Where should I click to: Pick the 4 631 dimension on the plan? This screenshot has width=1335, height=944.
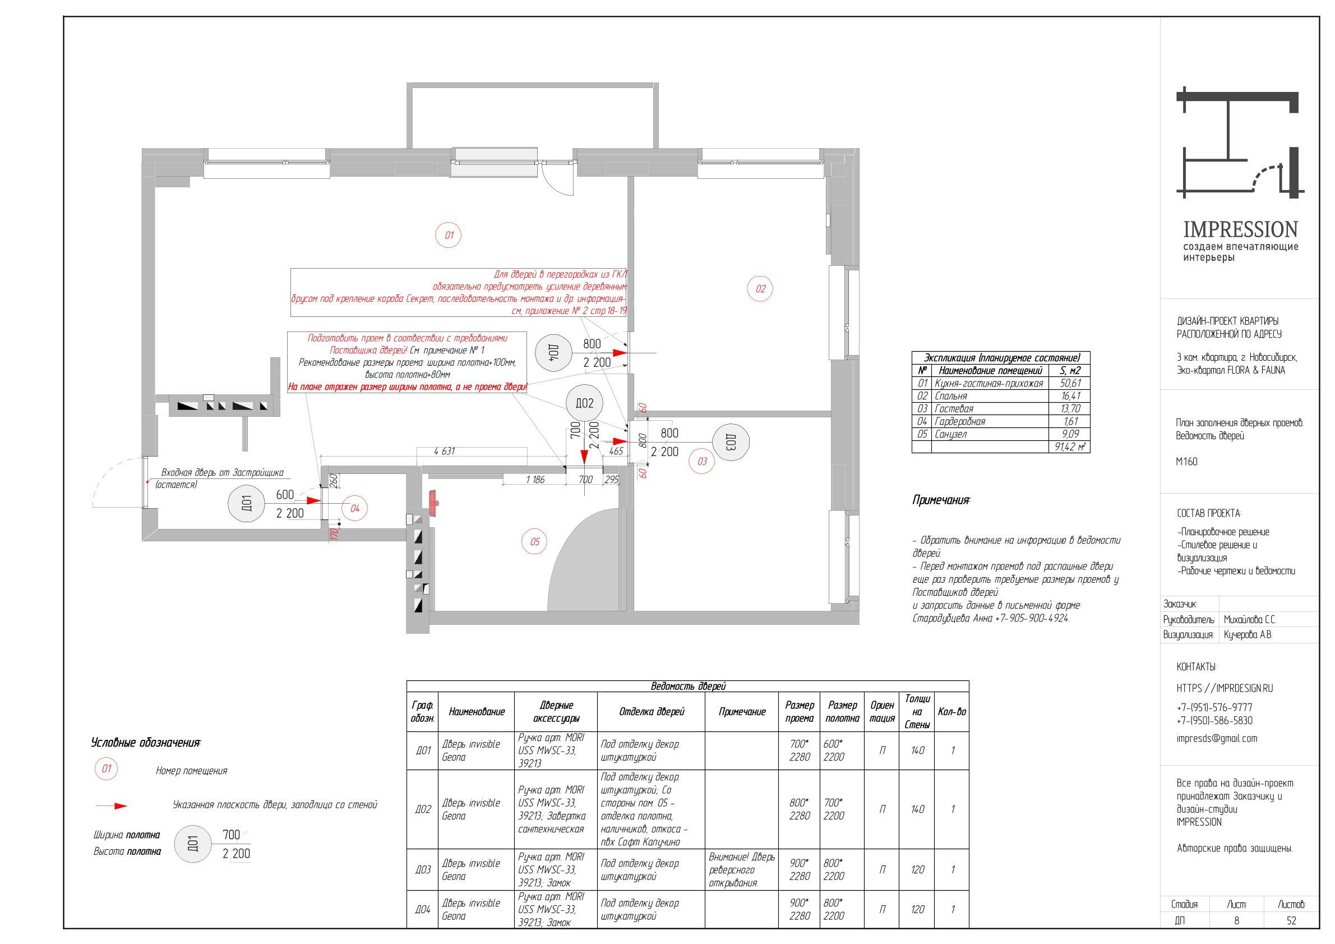click(444, 451)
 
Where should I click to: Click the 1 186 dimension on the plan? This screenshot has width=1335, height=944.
click(535, 479)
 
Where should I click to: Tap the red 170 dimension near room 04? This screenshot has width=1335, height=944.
click(334, 533)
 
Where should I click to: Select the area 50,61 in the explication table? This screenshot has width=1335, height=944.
click(1070, 383)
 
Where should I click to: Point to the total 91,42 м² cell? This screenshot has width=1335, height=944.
click(1070, 446)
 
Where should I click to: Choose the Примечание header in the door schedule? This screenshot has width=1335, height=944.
click(742, 711)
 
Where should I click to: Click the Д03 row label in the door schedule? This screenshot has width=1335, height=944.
click(423, 869)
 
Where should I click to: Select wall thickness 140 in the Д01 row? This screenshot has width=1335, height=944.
click(917, 750)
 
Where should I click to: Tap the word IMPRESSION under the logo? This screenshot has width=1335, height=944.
click(1240, 229)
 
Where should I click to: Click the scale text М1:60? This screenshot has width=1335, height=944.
click(1187, 461)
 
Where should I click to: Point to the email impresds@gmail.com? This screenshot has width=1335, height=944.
click(1216, 739)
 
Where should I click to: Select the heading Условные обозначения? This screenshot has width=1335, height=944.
click(145, 743)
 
